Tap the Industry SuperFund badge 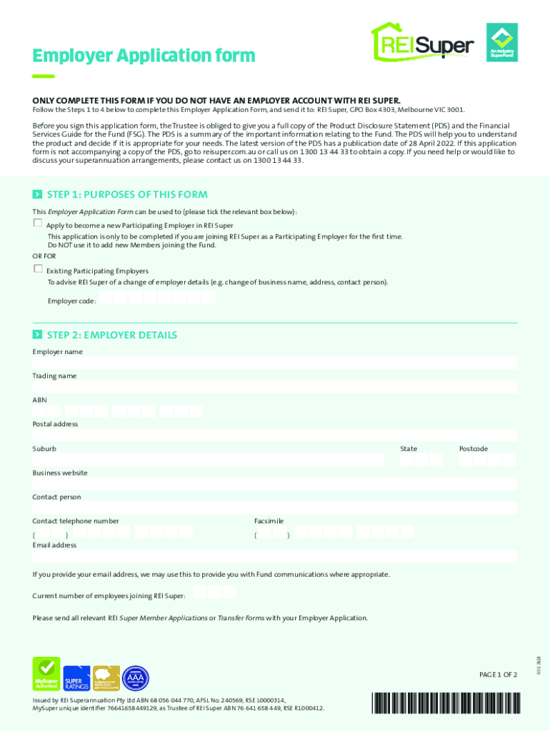click(x=501, y=43)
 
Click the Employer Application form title click(x=144, y=55)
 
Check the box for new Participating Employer click(x=38, y=223)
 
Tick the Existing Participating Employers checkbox click(x=38, y=269)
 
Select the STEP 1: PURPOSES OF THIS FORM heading click(x=126, y=194)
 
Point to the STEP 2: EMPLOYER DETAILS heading click(x=111, y=335)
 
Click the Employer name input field click(x=275, y=363)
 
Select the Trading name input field click(x=275, y=388)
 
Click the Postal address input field click(x=275, y=435)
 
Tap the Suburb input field click(x=208, y=460)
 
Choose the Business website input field click(x=275, y=484)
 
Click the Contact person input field click(x=275, y=508)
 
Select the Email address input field click(x=275, y=557)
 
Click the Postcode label click(x=473, y=448)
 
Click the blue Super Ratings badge click(x=77, y=679)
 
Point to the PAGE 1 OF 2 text click(x=497, y=675)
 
